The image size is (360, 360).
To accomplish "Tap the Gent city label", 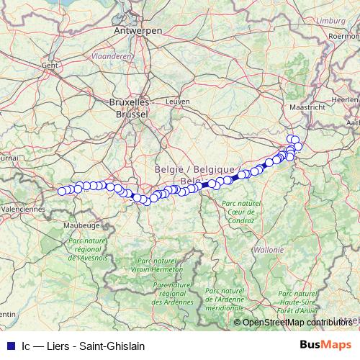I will [50, 65].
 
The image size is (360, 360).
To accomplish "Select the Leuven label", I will [176, 102].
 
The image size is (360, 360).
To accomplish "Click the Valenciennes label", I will [23, 208].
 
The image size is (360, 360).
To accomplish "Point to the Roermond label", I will [343, 35].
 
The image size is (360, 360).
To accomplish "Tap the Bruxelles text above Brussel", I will [130, 103].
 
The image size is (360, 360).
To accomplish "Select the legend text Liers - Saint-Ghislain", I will [95, 346].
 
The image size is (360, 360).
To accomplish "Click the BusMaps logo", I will [326, 346].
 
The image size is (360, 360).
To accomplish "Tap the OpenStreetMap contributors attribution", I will [297, 322].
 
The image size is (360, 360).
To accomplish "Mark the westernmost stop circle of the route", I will [62, 192].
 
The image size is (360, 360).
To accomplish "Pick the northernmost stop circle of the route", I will [291, 139].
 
